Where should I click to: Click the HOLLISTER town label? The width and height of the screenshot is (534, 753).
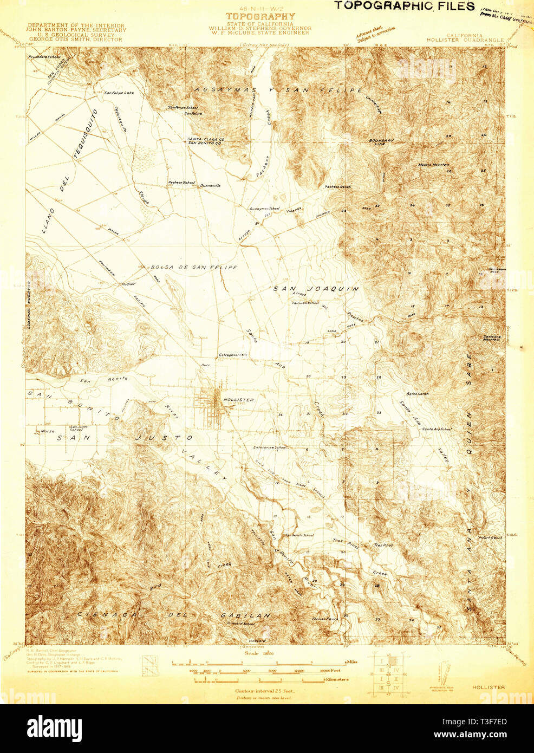(x=238, y=400)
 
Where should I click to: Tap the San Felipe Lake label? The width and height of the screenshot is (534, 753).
(x=119, y=93)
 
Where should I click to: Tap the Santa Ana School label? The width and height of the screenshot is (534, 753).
(x=437, y=429)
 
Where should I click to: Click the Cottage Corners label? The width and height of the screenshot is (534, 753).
(x=232, y=355)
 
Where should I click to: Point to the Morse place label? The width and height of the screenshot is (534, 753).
(x=48, y=432)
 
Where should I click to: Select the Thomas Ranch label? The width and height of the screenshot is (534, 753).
(x=324, y=619)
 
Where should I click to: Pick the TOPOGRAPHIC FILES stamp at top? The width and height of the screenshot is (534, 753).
(x=403, y=6)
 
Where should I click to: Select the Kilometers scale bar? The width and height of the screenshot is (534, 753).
(x=259, y=679)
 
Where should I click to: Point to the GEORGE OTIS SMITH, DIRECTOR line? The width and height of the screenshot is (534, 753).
(x=76, y=39)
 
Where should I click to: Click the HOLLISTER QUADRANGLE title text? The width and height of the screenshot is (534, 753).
(x=465, y=40)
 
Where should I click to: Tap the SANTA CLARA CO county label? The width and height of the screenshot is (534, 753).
(x=206, y=139)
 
